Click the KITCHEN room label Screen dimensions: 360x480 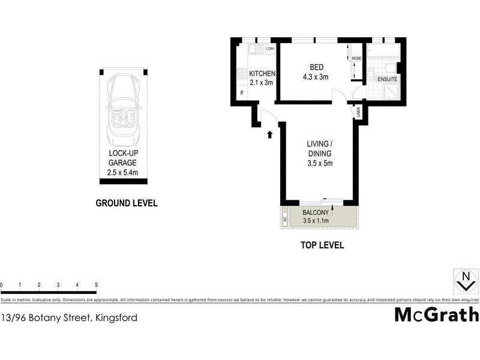point(263,74)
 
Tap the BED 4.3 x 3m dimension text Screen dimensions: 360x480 point(315,77)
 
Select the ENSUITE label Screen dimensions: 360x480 point(387,79)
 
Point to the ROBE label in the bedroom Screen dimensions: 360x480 point(356,59)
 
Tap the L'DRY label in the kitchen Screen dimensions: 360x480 point(270,49)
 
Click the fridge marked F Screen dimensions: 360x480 point(242,94)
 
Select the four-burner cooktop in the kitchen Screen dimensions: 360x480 point(242,74)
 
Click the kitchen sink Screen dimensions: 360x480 point(257,49)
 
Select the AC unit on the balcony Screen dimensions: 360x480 point(284,219)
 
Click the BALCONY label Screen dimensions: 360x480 point(315,213)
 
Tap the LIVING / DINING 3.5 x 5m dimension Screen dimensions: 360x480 point(319,163)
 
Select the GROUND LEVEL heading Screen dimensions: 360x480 point(127,203)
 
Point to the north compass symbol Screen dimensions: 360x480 point(464,279)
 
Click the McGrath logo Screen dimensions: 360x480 point(436,314)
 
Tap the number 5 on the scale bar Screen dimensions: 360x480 point(96,285)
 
